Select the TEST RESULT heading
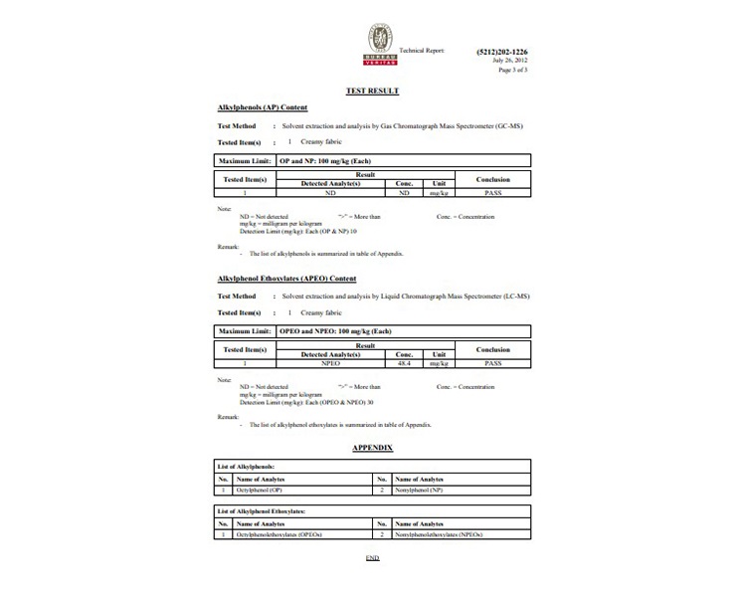[x=371, y=91]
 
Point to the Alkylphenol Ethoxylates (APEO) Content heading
[x=286, y=279]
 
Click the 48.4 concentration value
[x=404, y=365]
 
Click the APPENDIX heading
[x=373, y=448]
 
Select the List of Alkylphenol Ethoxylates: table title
[x=262, y=510]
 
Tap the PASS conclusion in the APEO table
[x=491, y=365]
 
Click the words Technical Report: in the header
[x=422, y=50]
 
